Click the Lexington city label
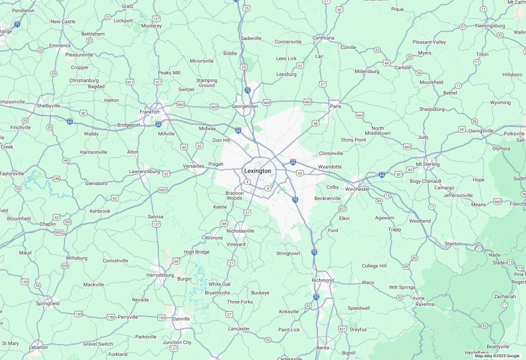[257, 171]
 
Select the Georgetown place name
[245, 106]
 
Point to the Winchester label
[357, 189]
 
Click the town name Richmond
[323, 281]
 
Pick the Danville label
[181, 318]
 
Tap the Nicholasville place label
[240, 231]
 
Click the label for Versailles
[193, 166]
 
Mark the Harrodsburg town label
[160, 275]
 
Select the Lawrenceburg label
[144, 171]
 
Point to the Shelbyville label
[49, 106]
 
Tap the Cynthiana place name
[323, 38]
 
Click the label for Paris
[336, 106]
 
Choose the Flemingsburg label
[489, 26]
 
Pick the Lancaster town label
[239, 329]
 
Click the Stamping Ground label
[207, 83]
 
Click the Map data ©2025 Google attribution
[497, 356]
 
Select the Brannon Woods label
[234, 195]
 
